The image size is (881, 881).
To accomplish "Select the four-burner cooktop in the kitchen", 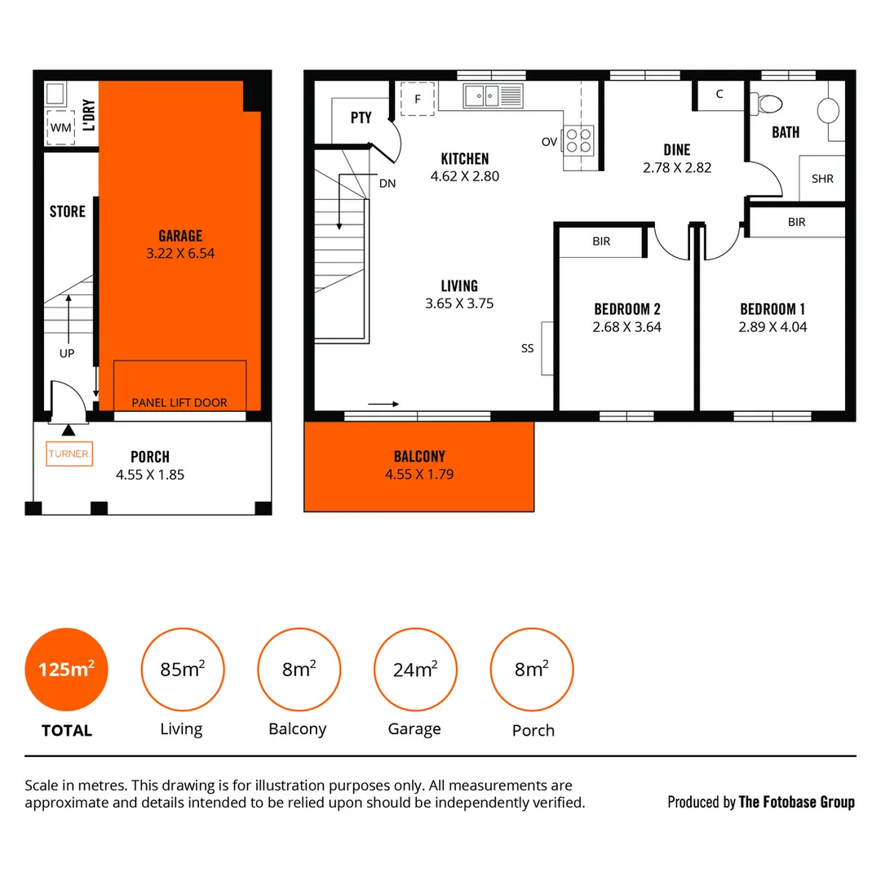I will coord(579,140).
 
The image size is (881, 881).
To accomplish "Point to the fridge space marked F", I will coord(418,99).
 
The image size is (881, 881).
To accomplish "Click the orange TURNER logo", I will coord(69,454).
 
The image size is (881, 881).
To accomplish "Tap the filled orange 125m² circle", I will coord(67,670).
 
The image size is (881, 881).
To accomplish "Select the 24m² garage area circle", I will coord(414,670).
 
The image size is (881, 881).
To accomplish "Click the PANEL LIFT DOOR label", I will coord(179,402).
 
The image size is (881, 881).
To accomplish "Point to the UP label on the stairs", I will coord(67,353).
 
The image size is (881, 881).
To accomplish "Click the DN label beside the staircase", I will coord(387,183).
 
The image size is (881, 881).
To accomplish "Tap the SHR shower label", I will coord(822,179).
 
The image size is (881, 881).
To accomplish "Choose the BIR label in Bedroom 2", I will coord(601,241).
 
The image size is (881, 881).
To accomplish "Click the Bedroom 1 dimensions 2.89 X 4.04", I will coord(773,327).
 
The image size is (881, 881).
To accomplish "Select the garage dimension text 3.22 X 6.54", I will coord(180,254).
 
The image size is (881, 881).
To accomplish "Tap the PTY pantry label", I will coord(361,117).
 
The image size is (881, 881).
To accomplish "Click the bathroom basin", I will coord(827,110).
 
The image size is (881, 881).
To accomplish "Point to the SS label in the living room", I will coord(528,348).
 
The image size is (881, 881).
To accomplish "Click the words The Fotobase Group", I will coord(796,802).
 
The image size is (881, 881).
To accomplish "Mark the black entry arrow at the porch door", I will coord(68,429).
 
